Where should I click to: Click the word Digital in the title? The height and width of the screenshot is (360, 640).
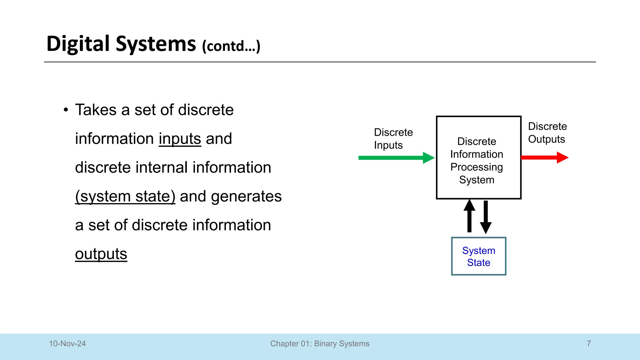[78, 44]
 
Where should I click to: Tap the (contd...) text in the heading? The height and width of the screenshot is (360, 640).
[231, 46]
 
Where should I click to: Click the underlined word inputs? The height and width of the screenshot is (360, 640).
[180, 139]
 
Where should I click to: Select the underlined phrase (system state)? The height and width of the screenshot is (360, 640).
[125, 197]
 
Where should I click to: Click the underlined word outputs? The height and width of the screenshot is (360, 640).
[101, 254]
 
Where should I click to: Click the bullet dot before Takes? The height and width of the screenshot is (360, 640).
[66, 110]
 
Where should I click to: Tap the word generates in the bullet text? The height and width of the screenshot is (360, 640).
[246, 197]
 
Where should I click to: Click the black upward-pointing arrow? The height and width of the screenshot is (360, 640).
[469, 216]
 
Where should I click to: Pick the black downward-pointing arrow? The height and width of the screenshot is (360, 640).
[486, 217]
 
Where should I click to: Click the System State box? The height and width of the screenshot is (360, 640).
[478, 256]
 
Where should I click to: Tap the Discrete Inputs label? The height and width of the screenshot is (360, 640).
[393, 139]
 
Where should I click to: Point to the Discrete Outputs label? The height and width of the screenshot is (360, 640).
[547, 133]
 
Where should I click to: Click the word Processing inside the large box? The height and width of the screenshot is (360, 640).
[477, 167]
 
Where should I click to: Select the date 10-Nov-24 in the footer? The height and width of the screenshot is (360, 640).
[67, 344]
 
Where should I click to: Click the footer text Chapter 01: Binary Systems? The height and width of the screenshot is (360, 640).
[320, 344]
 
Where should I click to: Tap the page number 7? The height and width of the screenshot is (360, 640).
[589, 344]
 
